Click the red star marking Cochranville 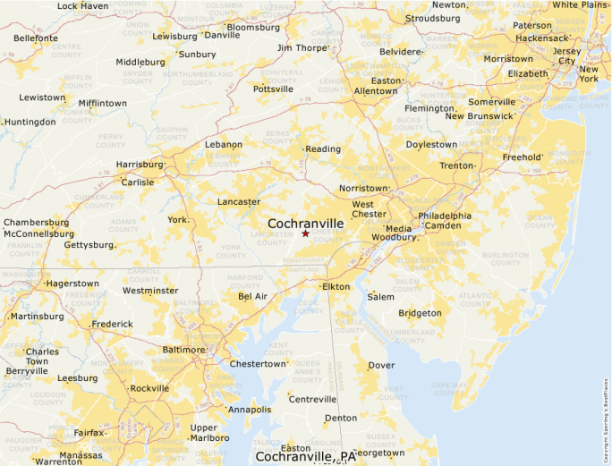coord(305,233)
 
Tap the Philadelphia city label coord(445,216)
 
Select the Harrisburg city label coord(140,165)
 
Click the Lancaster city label coord(239,201)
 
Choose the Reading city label coord(323,149)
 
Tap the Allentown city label coord(375,91)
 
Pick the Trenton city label coord(456,165)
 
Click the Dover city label coord(382,365)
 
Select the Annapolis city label coord(250,410)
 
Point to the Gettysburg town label coord(89,244)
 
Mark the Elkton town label coord(336,286)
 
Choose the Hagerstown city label coord(72,283)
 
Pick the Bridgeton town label coord(420,313)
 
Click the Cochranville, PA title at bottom coord(305,456)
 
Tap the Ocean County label coord(540,220)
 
